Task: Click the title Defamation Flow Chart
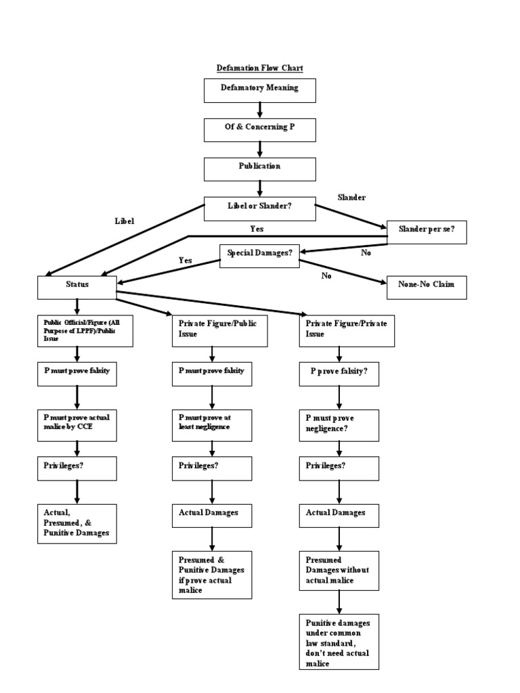259,68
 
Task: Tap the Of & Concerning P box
259,130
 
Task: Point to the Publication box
259,169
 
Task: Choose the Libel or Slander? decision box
259,208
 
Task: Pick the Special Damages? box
259,255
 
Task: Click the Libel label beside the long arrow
125,221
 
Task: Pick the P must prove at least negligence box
212,423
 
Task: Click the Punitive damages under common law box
339,642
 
